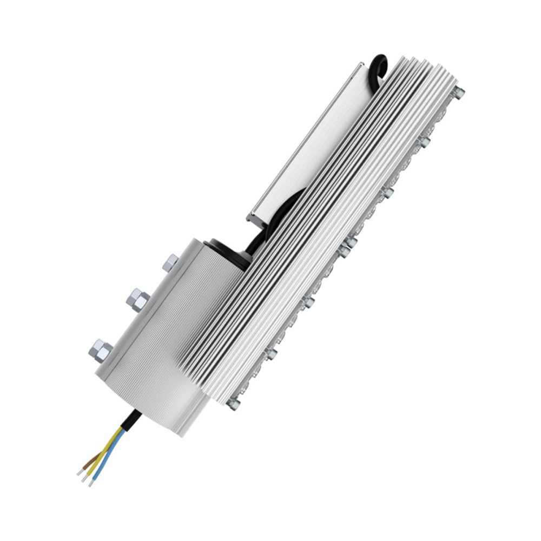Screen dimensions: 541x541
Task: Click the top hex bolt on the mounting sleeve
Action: (170, 263)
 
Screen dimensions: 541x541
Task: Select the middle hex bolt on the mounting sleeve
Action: (138, 299)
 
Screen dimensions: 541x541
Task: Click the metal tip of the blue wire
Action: (91, 482)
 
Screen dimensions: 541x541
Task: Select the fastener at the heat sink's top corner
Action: (459, 91)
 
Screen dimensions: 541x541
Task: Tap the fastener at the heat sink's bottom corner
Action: (234, 403)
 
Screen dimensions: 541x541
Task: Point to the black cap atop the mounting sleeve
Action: (227, 250)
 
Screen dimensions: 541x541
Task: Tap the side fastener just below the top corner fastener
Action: (425, 142)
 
